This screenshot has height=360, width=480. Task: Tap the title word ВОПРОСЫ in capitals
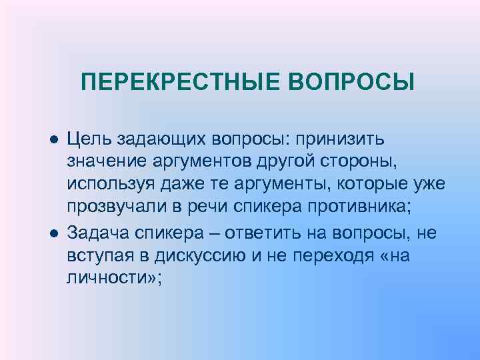[x=352, y=83]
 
